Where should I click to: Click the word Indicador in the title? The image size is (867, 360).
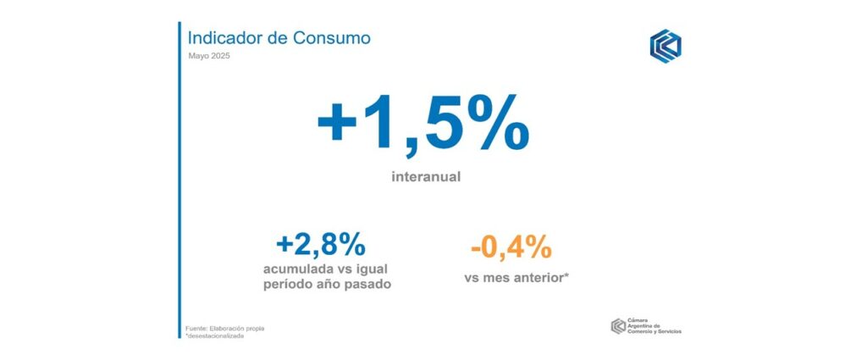222,38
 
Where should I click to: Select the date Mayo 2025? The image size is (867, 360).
208,56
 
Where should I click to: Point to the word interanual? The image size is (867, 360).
426,178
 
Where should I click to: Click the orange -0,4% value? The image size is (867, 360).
511,248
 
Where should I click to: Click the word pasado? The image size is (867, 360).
367,284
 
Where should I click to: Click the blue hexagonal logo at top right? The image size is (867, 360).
665,46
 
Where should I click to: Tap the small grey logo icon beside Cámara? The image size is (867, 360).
618,326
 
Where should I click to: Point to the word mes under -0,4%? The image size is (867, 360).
500,276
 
